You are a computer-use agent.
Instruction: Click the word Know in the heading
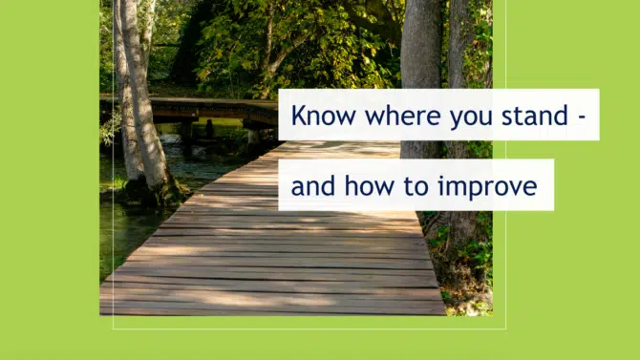(323, 116)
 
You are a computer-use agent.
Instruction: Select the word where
(403, 116)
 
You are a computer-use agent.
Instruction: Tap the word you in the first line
(471, 118)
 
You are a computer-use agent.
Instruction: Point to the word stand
(535, 116)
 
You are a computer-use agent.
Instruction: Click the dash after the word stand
(583, 117)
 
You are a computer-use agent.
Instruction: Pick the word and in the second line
(313, 186)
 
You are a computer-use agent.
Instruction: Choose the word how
(370, 186)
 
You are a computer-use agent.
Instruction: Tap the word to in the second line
(416, 187)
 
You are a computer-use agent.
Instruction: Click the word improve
(487, 188)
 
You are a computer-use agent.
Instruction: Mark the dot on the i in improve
(440, 179)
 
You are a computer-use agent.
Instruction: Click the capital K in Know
(300, 116)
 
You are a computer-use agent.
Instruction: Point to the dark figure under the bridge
(209, 129)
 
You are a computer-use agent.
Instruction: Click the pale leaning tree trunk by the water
(143, 94)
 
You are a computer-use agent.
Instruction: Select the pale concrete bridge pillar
(254, 136)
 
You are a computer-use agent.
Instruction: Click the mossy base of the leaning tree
(153, 193)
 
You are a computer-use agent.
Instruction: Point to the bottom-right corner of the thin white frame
(506, 329)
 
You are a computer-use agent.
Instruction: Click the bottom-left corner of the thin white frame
(113, 329)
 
